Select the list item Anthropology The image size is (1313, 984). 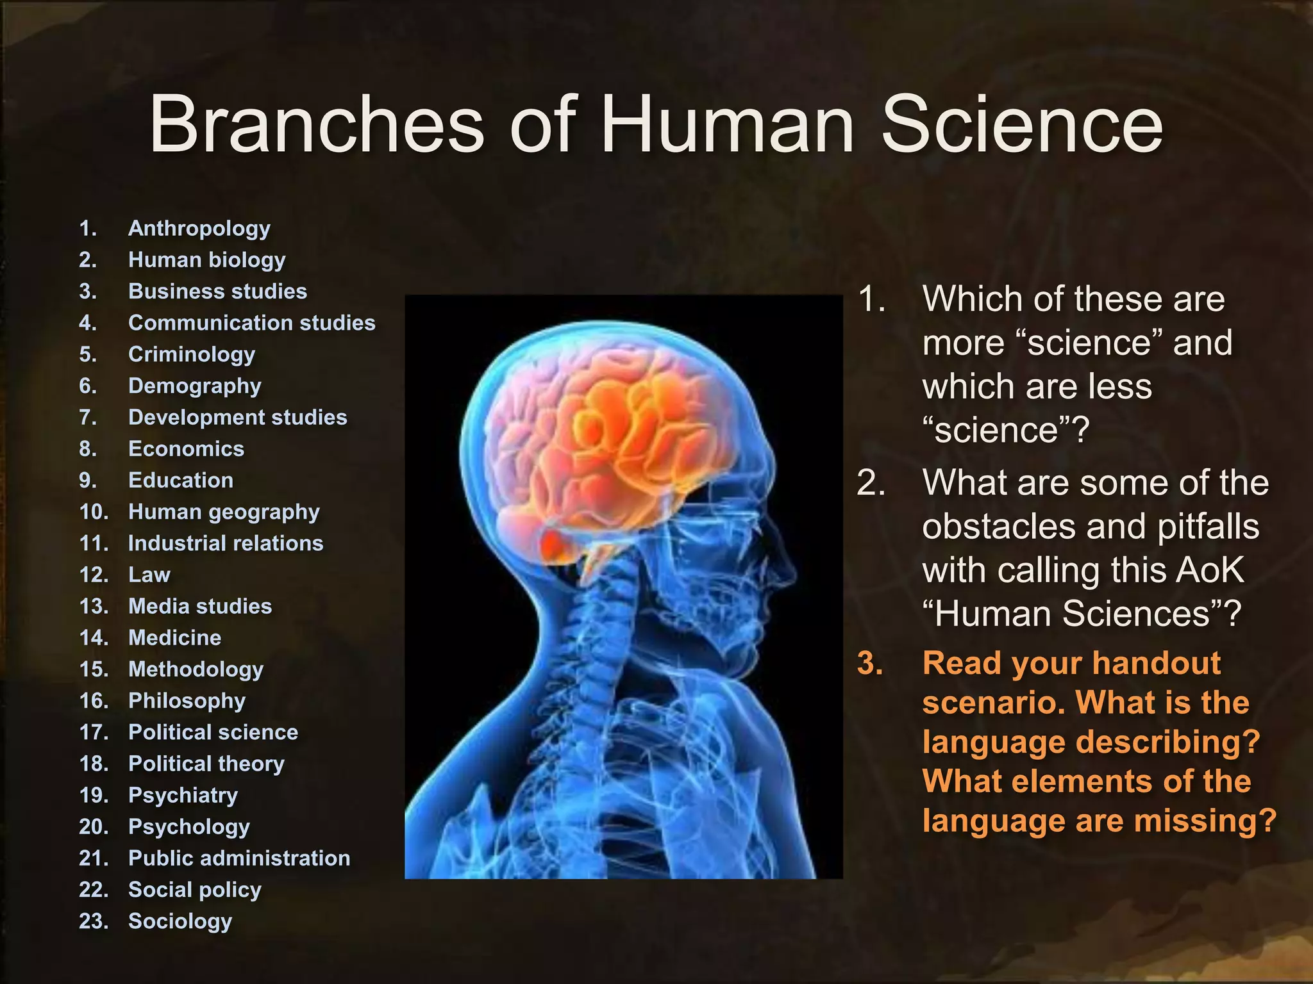(x=199, y=229)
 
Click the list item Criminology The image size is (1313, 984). (x=192, y=354)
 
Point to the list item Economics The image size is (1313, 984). (x=186, y=449)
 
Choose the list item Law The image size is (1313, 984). (x=149, y=575)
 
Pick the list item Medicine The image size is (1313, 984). (x=174, y=637)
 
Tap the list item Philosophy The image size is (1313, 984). (x=187, y=701)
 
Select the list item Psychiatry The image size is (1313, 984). (x=183, y=795)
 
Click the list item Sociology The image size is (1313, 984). (x=180, y=921)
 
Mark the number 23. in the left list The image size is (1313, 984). (x=94, y=921)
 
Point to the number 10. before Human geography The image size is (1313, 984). (x=94, y=512)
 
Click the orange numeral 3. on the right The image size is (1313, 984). (x=870, y=663)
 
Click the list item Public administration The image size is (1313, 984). (x=239, y=858)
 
